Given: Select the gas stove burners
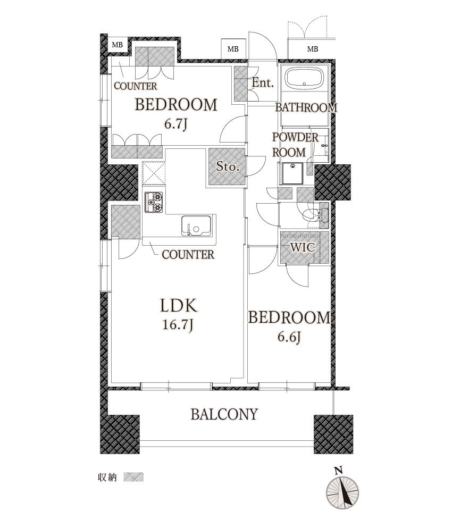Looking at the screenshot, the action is click(154, 202).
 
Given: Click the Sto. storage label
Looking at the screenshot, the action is click(227, 166).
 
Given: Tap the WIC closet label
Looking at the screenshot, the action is click(303, 247).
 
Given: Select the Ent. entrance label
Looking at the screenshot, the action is click(263, 82).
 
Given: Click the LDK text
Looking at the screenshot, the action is click(178, 306).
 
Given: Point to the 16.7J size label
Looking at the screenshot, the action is click(178, 325).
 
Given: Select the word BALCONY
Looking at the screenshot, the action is click(224, 414).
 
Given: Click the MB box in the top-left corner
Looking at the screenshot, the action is click(117, 45).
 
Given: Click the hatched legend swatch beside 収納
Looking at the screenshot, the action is click(133, 477).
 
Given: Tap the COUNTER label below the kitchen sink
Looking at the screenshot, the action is click(188, 255).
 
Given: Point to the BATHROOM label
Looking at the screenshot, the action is click(306, 107).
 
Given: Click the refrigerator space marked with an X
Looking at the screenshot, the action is click(154, 173).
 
